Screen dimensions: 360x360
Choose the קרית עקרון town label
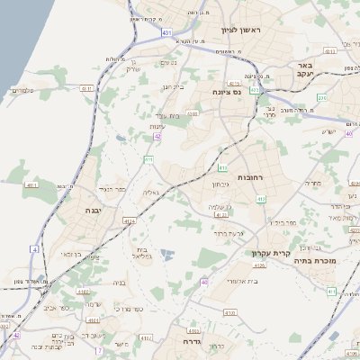tap(269, 255)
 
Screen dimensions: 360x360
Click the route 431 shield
tap(166, 32)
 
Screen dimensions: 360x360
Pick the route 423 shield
tap(255, 90)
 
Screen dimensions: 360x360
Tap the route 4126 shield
tap(259, 265)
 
